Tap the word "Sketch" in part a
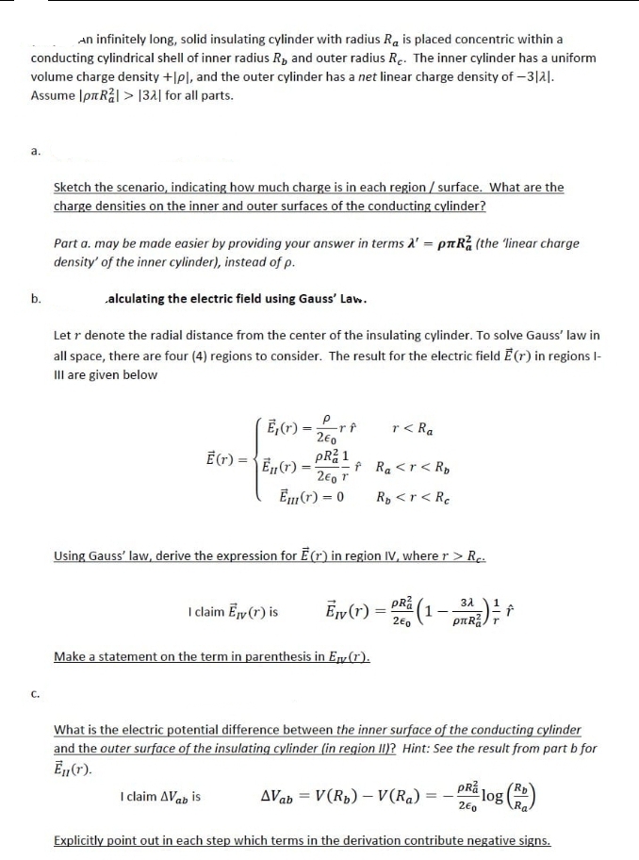point(75,187)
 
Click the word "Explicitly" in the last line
point(82,839)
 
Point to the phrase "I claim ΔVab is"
point(160,797)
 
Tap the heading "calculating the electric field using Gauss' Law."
point(236,299)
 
